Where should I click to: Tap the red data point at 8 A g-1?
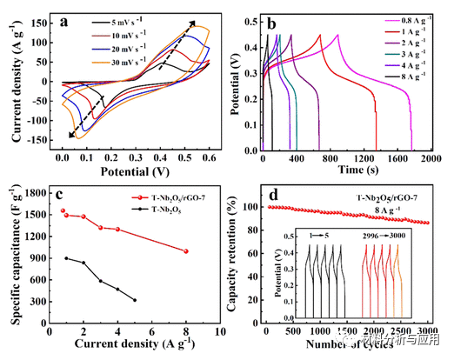pos(185,251)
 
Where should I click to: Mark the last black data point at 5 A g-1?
pos(134,300)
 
